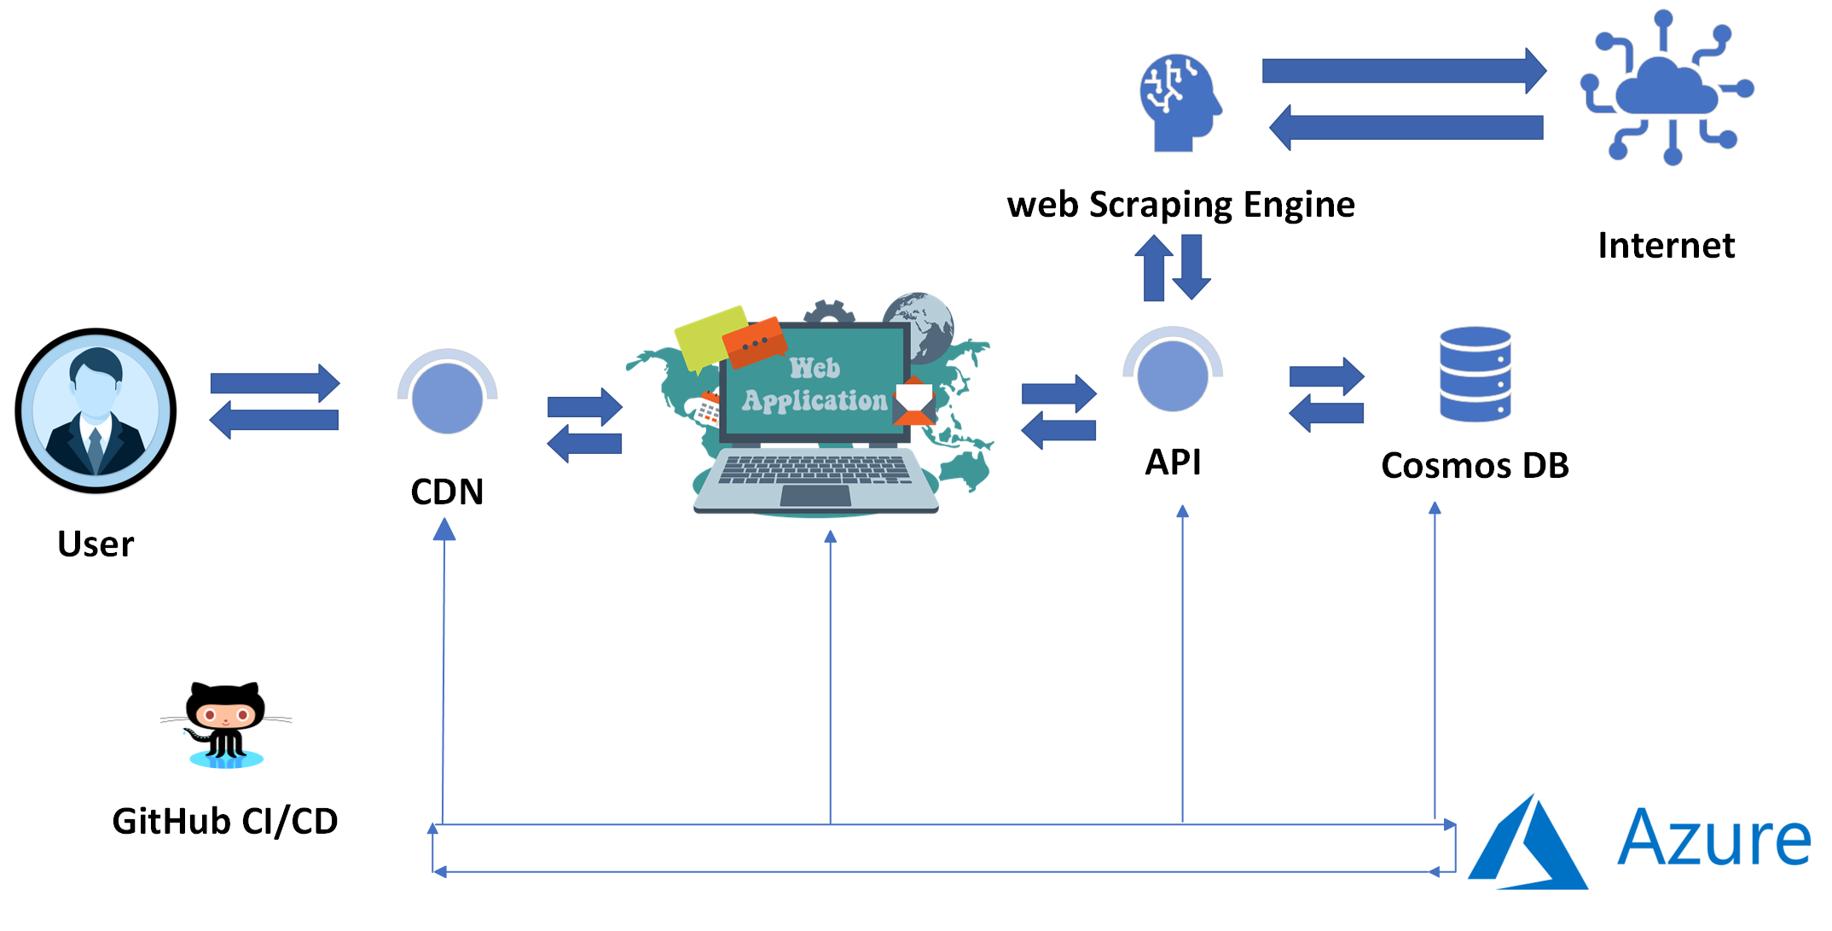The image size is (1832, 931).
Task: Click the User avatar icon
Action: pyautogui.click(x=96, y=410)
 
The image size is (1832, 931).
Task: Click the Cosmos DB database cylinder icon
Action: pyautogui.click(x=1475, y=374)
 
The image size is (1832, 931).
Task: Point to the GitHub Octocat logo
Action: pyautogui.click(x=226, y=724)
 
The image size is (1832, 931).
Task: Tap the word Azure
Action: pyautogui.click(x=1714, y=837)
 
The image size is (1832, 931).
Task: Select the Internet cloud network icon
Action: pyautogui.click(x=1667, y=87)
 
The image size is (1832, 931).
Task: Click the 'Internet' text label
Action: pyautogui.click(x=1666, y=246)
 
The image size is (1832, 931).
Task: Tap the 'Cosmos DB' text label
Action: pyautogui.click(x=1475, y=466)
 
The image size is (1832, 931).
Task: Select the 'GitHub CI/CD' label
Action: pyautogui.click(x=225, y=822)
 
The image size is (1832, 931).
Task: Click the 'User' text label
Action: pyautogui.click(x=96, y=544)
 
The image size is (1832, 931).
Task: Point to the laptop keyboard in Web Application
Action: pyautogui.click(x=815, y=470)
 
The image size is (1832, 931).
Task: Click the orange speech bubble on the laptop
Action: pyautogui.click(x=755, y=341)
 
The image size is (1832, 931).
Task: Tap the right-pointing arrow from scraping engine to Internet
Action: pyautogui.click(x=1404, y=70)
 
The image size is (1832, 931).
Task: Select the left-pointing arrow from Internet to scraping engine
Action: pyautogui.click(x=1406, y=128)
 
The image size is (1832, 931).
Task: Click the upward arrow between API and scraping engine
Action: pyautogui.click(x=1154, y=268)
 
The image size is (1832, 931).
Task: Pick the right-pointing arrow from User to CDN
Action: pyautogui.click(x=275, y=383)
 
